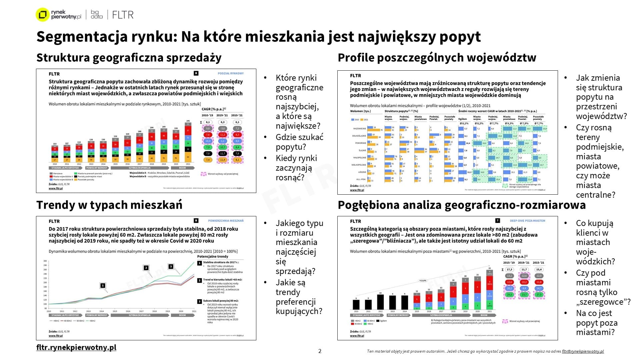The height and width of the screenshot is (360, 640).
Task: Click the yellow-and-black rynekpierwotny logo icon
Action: (x=42, y=15)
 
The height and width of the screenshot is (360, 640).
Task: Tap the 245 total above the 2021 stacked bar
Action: (x=188, y=121)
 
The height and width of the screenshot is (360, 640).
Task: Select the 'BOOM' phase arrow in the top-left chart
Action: (x=182, y=168)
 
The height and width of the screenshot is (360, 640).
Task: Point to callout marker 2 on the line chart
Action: (x=146, y=268)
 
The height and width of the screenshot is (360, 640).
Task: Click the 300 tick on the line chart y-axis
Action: (x=45, y=261)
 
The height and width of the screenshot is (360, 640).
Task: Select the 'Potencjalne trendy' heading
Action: (x=213, y=256)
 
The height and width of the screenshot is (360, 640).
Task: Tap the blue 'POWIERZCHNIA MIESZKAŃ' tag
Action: (x=226, y=221)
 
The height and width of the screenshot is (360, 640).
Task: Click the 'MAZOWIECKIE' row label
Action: (x=359, y=128)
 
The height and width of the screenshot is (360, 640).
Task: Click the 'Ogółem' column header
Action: (x=462, y=119)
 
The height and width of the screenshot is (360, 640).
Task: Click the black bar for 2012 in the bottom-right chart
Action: (x=380, y=302)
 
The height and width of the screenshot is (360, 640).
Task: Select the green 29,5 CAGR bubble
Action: (x=509, y=295)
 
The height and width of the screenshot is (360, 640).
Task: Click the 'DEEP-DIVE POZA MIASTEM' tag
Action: (x=527, y=221)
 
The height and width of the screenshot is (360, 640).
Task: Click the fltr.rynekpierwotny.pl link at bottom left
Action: (x=76, y=347)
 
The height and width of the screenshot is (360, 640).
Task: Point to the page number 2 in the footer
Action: (x=320, y=351)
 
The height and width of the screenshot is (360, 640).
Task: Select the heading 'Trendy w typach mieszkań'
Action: (x=109, y=205)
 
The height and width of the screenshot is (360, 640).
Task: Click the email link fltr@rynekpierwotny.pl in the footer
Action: (x=583, y=351)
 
